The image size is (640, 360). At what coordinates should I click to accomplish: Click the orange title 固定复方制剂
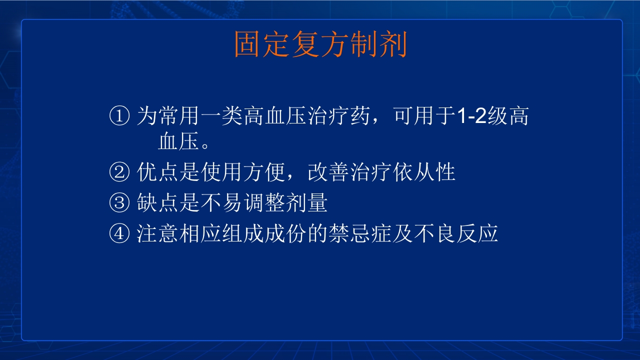320,45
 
